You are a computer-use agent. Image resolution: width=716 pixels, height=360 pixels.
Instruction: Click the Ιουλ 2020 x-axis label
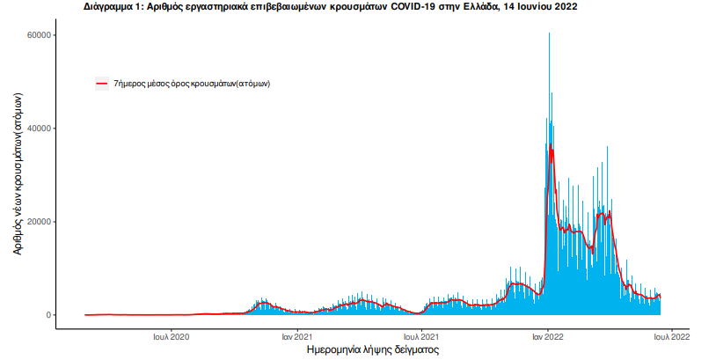point(172,336)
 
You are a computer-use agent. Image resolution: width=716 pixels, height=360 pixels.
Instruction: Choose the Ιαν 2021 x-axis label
point(297,336)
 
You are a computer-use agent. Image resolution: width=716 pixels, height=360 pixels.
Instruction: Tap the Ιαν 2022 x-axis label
point(548,336)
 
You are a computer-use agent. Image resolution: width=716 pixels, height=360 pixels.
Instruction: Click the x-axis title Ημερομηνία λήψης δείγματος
point(372,349)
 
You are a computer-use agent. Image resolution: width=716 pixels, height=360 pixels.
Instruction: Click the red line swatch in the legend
point(102,84)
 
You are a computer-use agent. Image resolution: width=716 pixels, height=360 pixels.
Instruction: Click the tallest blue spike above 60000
point(549,35)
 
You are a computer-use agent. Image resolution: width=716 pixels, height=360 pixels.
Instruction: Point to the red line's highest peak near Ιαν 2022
point(551,145)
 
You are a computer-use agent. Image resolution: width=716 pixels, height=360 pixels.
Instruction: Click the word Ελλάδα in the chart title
point(477,6)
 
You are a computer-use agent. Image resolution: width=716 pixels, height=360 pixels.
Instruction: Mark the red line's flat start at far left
point(88,314)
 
